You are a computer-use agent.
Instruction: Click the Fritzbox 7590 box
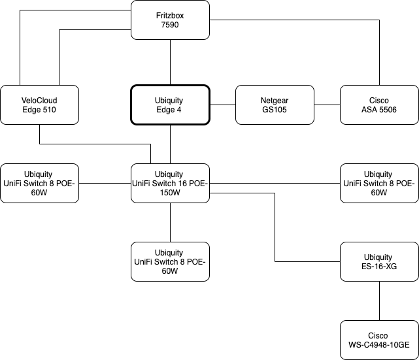point(170,20)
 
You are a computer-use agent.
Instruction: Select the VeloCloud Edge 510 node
point(39,105)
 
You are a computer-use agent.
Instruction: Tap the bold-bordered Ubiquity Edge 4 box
point(170,105)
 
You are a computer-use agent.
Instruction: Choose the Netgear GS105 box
point(275,105)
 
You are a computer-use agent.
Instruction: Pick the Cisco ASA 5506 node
point(379,105)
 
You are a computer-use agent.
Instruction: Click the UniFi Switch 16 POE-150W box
point(170,183)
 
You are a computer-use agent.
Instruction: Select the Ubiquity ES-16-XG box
point(379,261)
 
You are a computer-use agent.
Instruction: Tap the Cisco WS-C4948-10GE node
point(379,340)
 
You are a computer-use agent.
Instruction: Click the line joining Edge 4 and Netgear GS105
point(222,105)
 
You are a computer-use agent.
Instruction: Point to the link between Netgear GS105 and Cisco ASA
point(327,105)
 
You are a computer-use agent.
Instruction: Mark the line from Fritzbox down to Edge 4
point(170,62)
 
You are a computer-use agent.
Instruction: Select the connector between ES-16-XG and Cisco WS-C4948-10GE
point(379,301)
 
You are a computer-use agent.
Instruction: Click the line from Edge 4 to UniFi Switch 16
point(170,144)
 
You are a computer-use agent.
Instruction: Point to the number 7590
point(170,25)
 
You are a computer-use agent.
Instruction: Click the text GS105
point(275,110)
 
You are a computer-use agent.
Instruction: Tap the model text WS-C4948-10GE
point(379,345)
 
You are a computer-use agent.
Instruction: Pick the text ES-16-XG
point(379,267)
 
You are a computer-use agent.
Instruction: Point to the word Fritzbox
point(170,15)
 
